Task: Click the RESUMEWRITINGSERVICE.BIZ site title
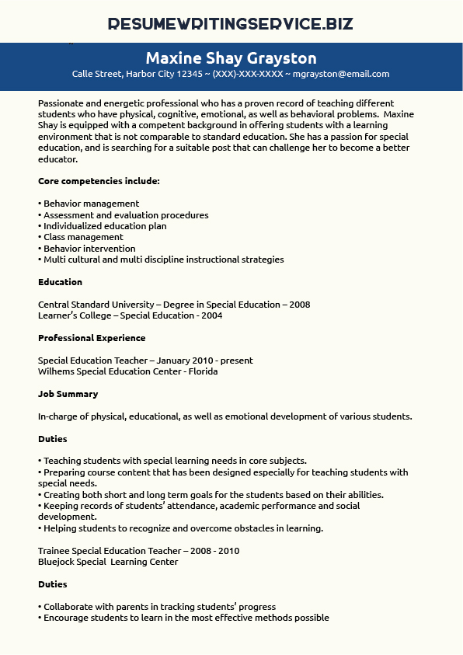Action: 231,24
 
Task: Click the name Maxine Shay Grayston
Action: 231,58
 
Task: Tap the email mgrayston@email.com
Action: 342,75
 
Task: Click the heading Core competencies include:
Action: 99,181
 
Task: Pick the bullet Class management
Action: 82,237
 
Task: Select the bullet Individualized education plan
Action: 104,226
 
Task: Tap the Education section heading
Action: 60,282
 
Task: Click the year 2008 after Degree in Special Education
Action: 299,305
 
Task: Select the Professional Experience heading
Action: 92,338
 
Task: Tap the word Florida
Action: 203,371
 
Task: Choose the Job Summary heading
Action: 68,394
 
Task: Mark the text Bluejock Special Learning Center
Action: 108,562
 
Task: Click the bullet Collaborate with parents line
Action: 159,607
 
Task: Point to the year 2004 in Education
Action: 211,315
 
